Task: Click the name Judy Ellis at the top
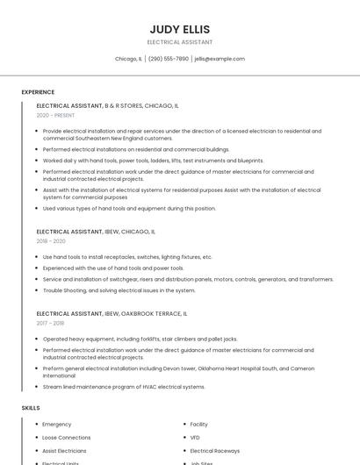pos(179,28)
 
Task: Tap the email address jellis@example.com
pos(220,59)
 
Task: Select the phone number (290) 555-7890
pos(169,59)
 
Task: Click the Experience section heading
pos(38,92)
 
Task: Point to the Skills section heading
pos(31,408)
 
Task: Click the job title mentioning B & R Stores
pos(107,105)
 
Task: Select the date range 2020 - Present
pos(55,115)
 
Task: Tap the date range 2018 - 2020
pos(51,241)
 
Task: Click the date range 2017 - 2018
pos(50,323)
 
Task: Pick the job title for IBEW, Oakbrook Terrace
pos(112,313)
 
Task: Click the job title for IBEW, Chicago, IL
pos(96,232)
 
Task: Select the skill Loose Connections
pos(67,437)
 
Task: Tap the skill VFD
pos(195,437)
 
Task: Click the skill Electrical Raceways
pos(214,450)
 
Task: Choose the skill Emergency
pos(57,424)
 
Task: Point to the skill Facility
pos(199,424)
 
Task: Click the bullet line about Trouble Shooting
pos(119,290)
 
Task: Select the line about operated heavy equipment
pos(140,339)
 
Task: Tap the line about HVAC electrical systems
pos(124,386)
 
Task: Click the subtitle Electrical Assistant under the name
pos(179,42)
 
